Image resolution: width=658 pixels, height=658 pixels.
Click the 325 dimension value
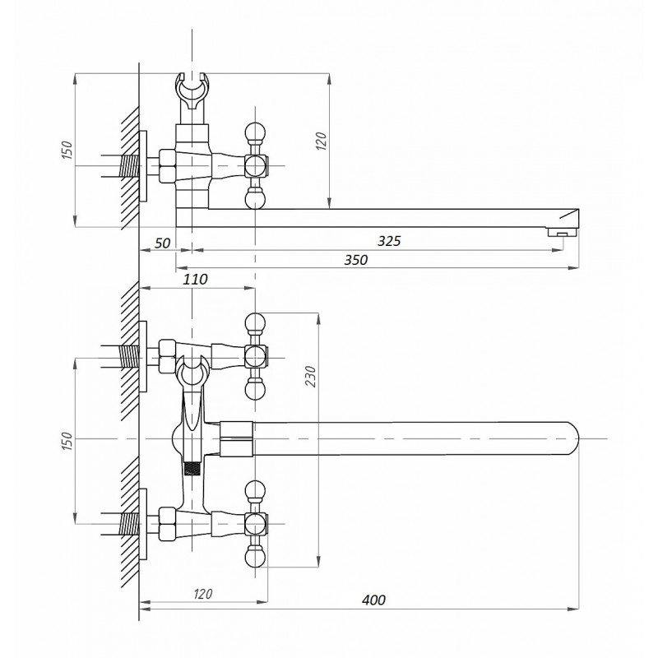click(x=389, y=241)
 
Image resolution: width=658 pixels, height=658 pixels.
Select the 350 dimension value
click(x=356, y=260)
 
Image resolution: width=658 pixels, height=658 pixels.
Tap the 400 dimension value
click(x=373, y=600)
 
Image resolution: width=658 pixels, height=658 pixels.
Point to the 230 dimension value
click(x=310, y=377)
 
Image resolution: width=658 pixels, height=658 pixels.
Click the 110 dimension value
click(x=195, y=280)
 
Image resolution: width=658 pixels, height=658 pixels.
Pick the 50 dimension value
click(x=162, y=243)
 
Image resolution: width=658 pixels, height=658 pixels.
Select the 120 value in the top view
click(x=321, y=141)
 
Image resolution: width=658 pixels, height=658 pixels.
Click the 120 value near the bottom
click(x=203, y=594)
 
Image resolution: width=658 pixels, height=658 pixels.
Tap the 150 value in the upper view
click(x=67, y=150)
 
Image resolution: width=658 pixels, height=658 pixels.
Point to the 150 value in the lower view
click(x=67, y=442)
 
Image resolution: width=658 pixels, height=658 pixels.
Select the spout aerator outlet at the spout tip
click(x=562, y=232)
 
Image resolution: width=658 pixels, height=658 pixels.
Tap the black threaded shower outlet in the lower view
click(x=192, y=468)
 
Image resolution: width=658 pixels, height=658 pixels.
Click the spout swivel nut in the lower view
click(x=236, y=439)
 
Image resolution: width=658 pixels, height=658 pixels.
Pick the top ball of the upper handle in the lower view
click(x=255, y=322)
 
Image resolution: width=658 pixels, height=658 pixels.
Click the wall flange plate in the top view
click(x=143, y=166)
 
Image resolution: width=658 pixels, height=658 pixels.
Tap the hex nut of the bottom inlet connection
click(x=167, y=524)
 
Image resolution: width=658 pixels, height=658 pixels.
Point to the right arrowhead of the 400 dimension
click(x=573, y=609)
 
